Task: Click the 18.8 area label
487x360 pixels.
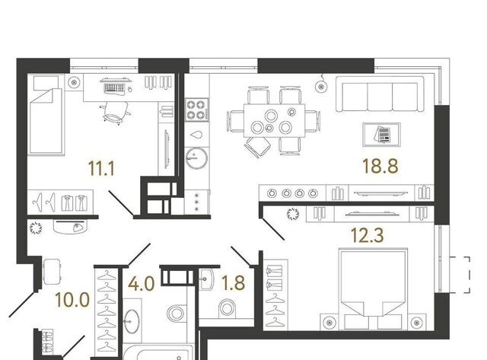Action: (x=380, y=166)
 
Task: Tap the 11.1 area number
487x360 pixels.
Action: (x=101, y=168)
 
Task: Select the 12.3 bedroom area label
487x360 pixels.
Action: (x=367, y=235)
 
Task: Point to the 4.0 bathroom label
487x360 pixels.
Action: (x=142, y=284)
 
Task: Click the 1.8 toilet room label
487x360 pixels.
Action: (x=233, y=283)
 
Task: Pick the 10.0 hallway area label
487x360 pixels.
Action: (x=72, y=300)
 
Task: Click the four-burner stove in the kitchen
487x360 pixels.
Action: (x=197, y=110)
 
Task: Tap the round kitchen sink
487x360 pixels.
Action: (x=196, y=158)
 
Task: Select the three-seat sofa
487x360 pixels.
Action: (x=380, y=94)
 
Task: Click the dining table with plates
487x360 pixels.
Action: (x=274, y=120)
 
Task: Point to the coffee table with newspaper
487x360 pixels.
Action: (x=382, y=135)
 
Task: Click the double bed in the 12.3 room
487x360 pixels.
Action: (x=373, y=289)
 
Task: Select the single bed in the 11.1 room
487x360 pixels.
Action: (x=46, y=121)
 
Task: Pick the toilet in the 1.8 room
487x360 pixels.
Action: (x=228, y=308)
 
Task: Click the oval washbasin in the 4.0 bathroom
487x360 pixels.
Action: (x=132, y=321)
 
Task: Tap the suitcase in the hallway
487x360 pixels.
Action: (x=52, y=272)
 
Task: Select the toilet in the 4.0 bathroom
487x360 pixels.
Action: (x=176, y=314)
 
